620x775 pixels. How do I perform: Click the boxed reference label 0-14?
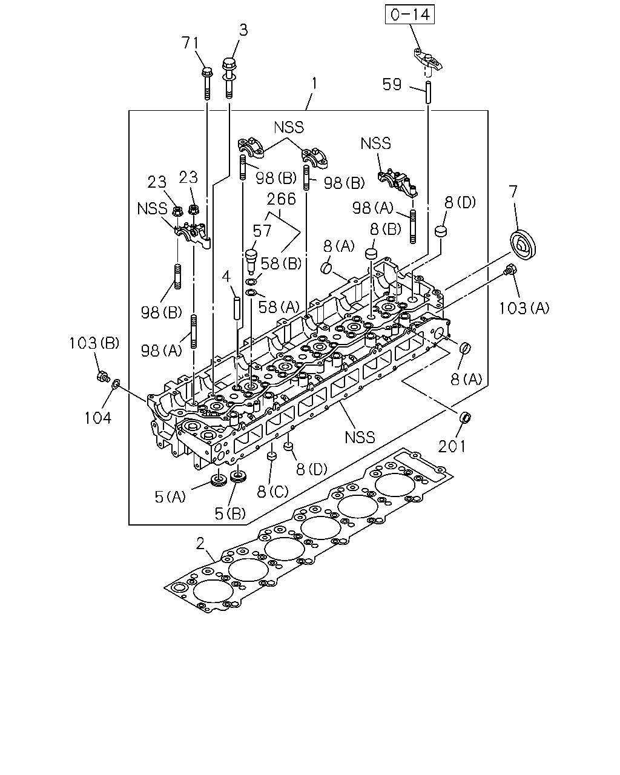(410, 15)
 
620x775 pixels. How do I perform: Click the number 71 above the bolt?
(190, 43)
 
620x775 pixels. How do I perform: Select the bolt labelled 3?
(229, 78)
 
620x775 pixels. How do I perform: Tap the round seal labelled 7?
(523, 244)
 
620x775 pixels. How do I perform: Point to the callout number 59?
(392, 84)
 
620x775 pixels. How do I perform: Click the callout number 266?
(282, 199)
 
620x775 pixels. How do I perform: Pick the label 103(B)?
(94, 343)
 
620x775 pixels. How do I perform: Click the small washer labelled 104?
(116, 384)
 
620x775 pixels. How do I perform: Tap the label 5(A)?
(170, 496)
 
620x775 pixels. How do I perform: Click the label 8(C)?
(272, 492)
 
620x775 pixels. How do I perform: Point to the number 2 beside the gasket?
(200, 544)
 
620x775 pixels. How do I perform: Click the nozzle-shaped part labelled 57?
(251, 262)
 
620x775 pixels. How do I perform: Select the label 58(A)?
(279, 307)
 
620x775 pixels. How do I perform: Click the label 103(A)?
(524, 308)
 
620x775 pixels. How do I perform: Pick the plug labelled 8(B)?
(371, 254)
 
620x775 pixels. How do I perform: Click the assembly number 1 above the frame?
(314, 84)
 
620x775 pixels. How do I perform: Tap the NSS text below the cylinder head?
(360, 437)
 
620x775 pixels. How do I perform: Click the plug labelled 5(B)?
(238, 478)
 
